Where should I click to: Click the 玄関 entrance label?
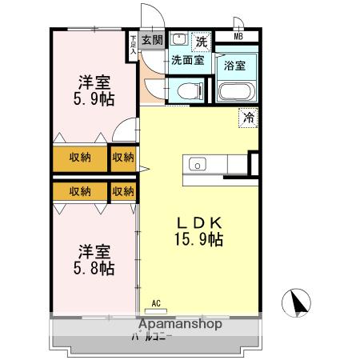pos(152,40)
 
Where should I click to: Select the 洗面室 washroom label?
pos(187,60)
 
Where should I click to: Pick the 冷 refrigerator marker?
pos(249,118)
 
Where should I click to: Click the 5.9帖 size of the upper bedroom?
pos(94,98)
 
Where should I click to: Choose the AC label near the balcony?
pos(156,302)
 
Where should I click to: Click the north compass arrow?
pos(298,304)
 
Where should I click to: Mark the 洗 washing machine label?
pos(202,40)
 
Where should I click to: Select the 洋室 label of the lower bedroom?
pos(94,250)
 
